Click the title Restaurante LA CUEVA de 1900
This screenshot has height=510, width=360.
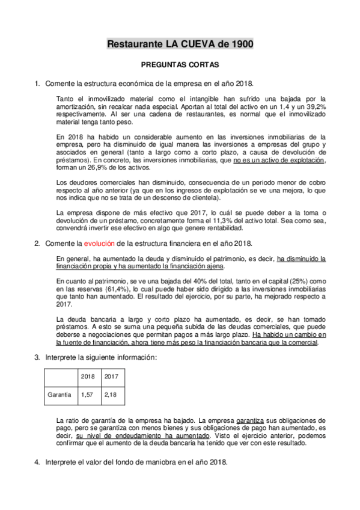pyautogui.click(x=180, y=44)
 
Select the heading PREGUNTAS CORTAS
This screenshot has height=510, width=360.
pyautogui.click(x=180, y=64)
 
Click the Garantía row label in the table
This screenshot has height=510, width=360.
pyautogui.click(x=59, y=395)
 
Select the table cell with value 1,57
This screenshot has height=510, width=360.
pyautogui.click(x=88, y=395)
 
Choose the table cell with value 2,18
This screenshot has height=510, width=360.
pyautogui.click(x=111, y=395)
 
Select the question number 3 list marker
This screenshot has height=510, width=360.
pyautogui.click(x=37, y=357)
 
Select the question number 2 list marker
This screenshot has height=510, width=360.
pyautogui.click(x=37, y=243)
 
